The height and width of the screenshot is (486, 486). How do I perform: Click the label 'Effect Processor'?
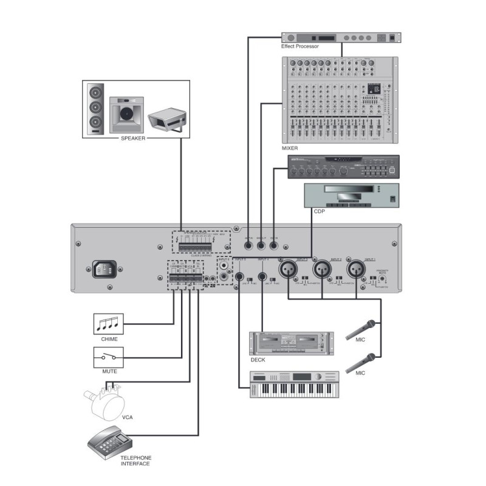[299, 46]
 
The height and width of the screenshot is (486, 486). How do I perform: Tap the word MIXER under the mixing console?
[291, 148]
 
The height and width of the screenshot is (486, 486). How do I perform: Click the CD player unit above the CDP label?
[351, 196]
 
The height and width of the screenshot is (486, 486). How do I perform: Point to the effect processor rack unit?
[341, 37]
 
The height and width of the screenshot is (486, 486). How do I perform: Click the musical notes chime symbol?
[108, 323]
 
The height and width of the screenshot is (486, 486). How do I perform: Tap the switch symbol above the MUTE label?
[108, 357]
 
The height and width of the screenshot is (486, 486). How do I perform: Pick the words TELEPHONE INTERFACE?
[135, 460]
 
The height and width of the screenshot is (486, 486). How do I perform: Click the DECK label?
[258, 360]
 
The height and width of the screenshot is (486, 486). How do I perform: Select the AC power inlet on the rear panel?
[104, 269]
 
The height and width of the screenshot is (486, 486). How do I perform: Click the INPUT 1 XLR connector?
[355, 268]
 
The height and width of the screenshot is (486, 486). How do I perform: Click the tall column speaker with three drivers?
[95, 109]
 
